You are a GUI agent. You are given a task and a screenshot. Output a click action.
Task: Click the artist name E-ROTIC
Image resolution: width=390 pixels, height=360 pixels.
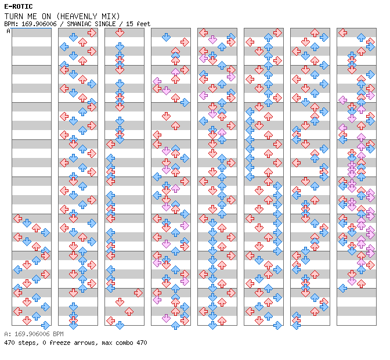tap(18, 6)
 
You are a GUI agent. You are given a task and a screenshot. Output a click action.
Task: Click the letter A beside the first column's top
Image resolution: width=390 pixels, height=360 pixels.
tap(8, 31)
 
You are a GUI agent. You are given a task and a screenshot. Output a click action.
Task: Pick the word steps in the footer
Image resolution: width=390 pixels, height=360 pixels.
tap(27, 343)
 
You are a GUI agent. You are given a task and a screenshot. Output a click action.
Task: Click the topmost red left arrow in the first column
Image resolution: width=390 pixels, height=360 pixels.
tap(18, 218)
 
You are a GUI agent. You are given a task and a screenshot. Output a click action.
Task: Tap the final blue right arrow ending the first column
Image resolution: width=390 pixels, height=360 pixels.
tap(46, 325)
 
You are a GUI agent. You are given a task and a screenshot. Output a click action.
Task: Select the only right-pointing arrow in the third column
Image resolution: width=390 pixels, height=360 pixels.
tap(138, 293)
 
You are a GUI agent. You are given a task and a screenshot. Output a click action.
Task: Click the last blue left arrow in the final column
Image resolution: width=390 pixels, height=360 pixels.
tap(343, 288)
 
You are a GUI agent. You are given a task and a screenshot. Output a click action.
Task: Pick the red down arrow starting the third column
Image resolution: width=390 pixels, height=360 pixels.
tap(120, 33)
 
